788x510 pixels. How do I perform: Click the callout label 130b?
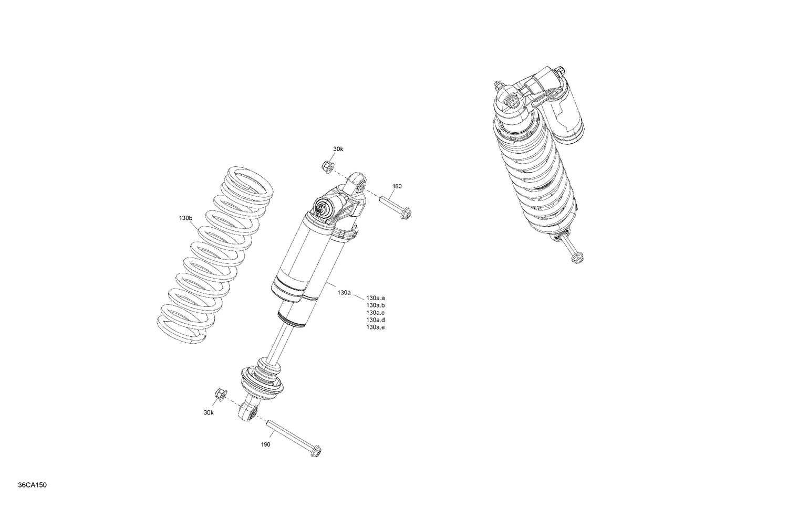[x=185, y=218]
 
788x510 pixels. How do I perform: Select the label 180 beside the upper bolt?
[x=397, y=186]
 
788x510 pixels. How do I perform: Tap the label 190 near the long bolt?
[x=265, y=444]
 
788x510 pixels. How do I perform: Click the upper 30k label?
[x=338, y=149]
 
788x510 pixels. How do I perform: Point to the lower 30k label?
[x=209, y=412]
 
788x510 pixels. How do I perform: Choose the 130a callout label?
[x=344, y=293]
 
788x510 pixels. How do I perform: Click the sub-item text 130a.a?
[x=376, y=298]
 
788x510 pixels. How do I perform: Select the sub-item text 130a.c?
[x=376, y=313]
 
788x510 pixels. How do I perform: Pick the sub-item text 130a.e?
[x=376, y=327]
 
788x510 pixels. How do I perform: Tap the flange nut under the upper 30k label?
[x=326, y=167]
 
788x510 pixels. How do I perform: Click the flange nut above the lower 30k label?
[x=220, y=394]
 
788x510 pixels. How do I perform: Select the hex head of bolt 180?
[x=406, y=212]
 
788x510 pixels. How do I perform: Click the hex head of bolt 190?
[x=315, y=452]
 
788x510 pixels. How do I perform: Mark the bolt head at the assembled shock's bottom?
[x=577, y=257]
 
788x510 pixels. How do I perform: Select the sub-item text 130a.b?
[x=376, y=305]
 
